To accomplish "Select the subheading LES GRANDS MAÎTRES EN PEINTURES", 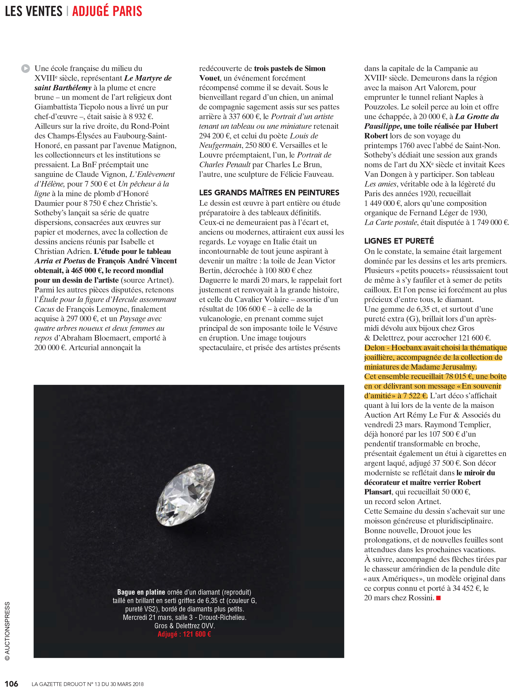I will [269, 193].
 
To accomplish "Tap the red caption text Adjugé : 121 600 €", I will [184, 634].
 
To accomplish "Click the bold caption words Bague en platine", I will [141, 592].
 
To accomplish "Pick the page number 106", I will [12, 684].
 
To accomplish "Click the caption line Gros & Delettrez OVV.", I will [184, 626].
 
